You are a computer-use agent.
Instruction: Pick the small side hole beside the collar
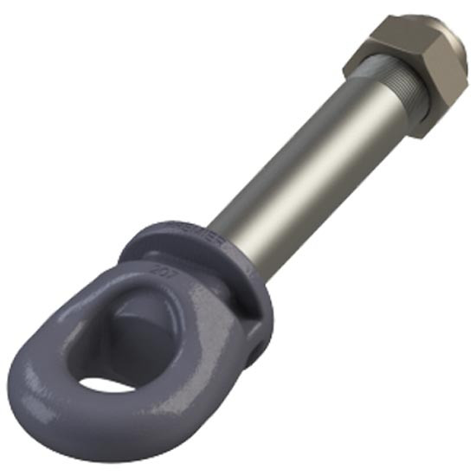(x=256, y=350)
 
